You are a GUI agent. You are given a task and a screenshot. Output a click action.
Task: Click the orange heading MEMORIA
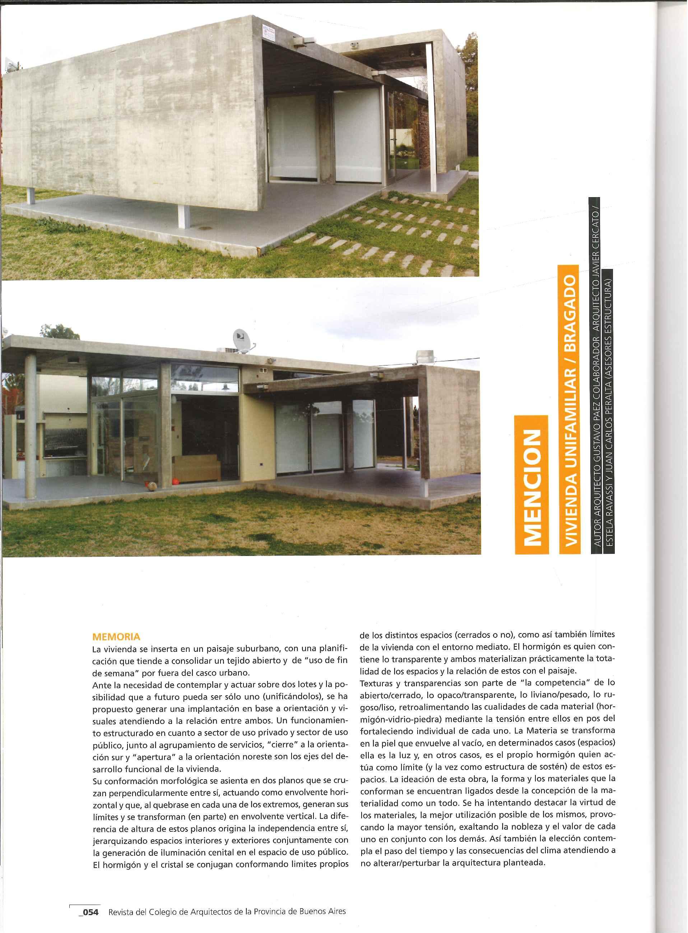pos(116,637)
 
